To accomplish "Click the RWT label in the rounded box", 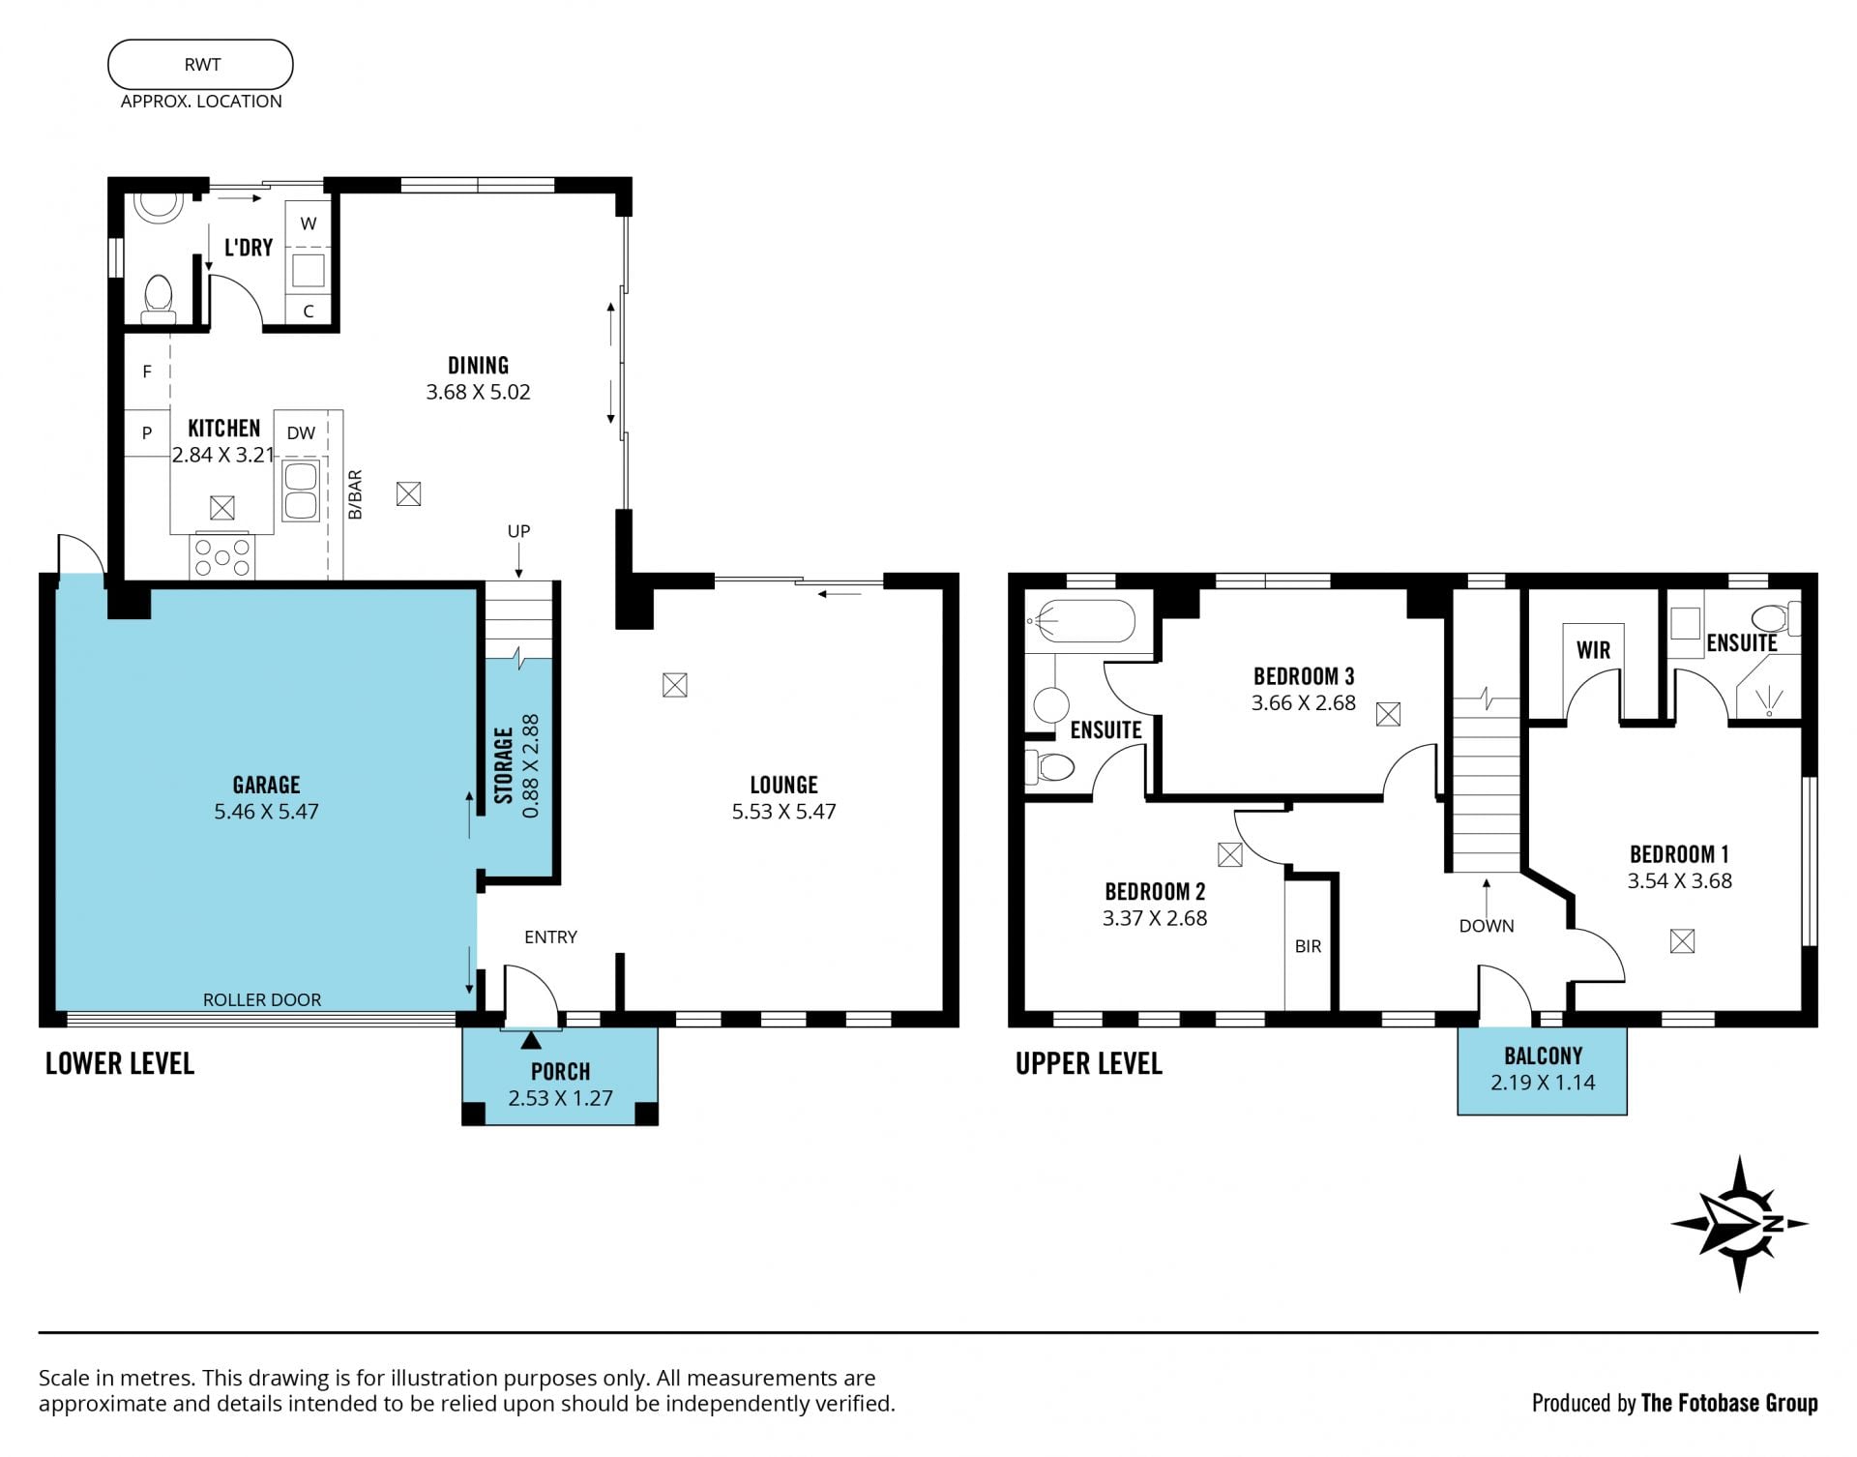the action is pos(202,65).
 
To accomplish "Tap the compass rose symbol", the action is pos(1739,1224).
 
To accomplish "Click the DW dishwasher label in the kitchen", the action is pos(301,432).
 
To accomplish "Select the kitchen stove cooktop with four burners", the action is pos(222,557).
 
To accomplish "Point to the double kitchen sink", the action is pos(301,491).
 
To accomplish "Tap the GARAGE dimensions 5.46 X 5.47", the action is pos(266,812).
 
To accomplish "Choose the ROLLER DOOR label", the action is pos(262,999).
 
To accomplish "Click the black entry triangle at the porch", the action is pos(531,1041).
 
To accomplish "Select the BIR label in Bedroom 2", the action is pos(1308,946).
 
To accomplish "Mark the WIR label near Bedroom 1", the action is pos(1593,650).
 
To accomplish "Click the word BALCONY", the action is pos(1543,1056).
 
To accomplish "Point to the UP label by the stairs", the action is pos(518,531).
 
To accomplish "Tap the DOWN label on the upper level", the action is pos(1487,926).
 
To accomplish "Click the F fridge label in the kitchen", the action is pos(147,372).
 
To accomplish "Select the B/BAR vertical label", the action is pos(355,494).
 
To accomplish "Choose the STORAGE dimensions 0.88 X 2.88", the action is pos(530,766).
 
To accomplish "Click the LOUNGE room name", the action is pos(783,785).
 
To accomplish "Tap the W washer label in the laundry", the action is pos(309,223).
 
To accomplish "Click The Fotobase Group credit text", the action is pos(1729,1403).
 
